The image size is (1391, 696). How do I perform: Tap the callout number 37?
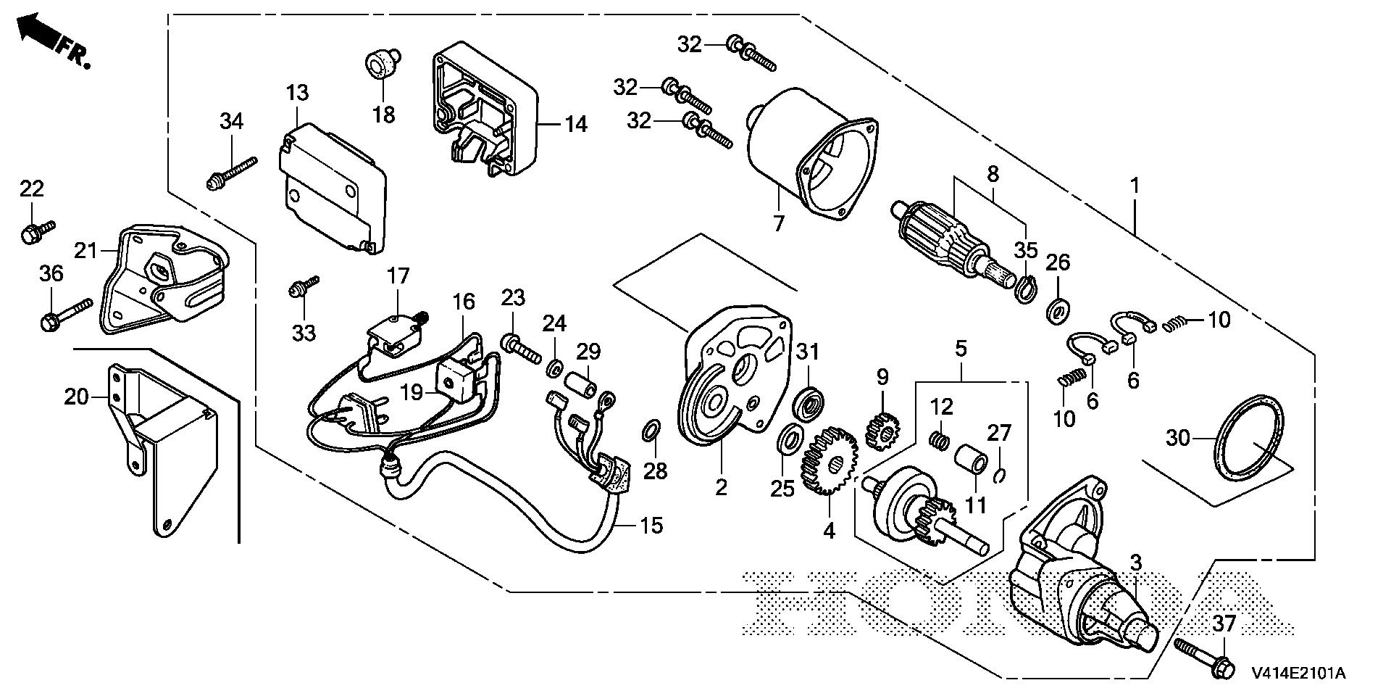click(1224, 623)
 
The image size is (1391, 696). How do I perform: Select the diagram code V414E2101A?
click(1298, 674)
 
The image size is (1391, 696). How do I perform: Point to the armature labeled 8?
click(949, 232)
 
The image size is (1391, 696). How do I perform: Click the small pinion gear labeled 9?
click(882, 429)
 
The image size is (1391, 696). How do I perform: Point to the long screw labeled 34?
click(232, 170)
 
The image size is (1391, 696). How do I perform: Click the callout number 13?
click(296, 94)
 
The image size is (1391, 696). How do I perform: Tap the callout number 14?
click(576, 124)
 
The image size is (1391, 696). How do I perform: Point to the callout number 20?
click(75, 397)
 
